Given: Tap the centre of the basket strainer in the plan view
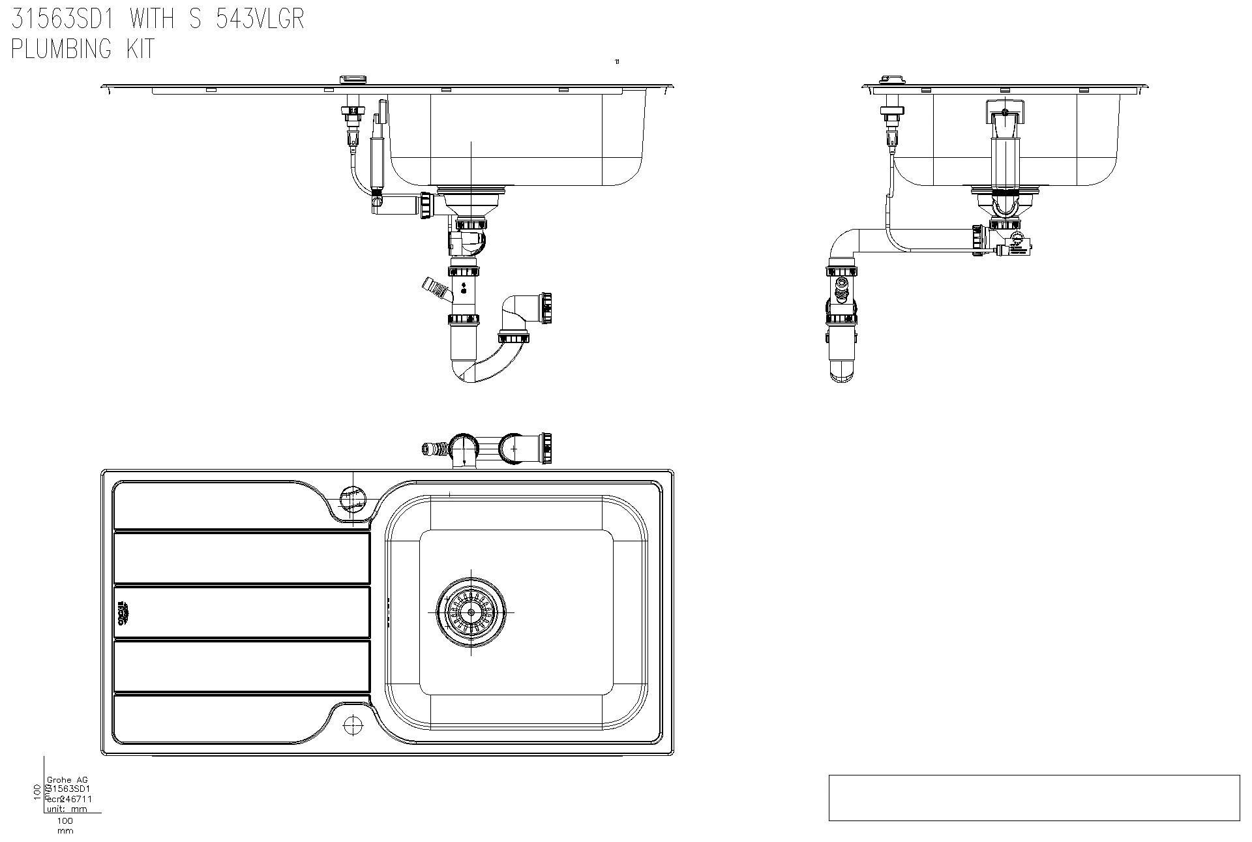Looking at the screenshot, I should pos(471,612).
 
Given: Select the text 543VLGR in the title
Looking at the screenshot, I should pos(260,19).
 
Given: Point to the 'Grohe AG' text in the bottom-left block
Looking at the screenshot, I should pos(67,779).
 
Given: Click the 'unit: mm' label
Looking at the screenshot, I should pos(67,809).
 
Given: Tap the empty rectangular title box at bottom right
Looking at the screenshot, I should pos(1034,797).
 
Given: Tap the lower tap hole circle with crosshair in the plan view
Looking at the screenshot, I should pos(353,724).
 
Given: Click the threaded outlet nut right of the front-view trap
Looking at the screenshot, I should pos(546,308).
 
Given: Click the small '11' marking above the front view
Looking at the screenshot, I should pos(617,62).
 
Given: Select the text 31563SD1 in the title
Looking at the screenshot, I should pos(63,19).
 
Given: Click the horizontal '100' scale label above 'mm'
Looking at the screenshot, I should pos(65,820).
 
